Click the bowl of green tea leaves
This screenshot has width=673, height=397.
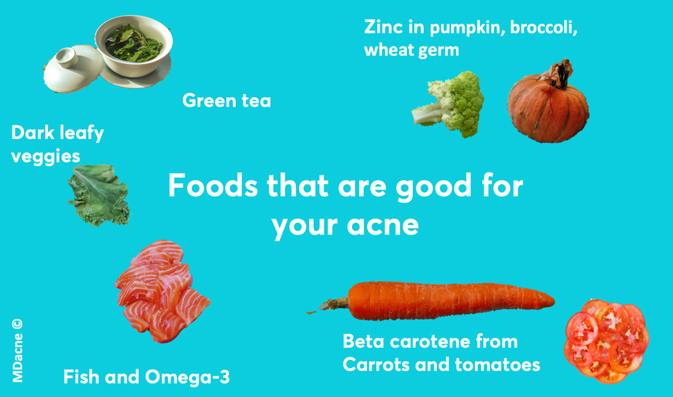(x=134, y=46)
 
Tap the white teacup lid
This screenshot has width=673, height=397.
(x=72, y=69)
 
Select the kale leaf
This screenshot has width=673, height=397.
(x=99, y=195)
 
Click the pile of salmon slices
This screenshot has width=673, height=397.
(x=162, y=291)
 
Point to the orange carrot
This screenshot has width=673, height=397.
(x=433, y=301)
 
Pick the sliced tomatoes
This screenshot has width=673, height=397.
(x=606, y=341)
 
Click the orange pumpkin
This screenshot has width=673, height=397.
(x=548, y=103)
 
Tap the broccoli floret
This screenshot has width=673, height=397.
(x=448, y=104)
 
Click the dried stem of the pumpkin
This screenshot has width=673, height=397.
(x=558, y=74)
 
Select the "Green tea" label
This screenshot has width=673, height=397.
(x=226, y=101)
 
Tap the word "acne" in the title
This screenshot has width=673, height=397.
(x=383, y=225)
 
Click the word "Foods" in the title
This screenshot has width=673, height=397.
(x=213, y=185)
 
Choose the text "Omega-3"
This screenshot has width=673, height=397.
(x=187, y=376)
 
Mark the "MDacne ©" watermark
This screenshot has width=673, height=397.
(x=17, y=350)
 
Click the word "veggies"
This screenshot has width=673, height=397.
(x=46, y=156)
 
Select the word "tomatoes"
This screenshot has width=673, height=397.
(x=498, y=365)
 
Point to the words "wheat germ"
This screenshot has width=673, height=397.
(x=412, y=50)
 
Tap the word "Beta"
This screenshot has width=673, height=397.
(x=363, y=342)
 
